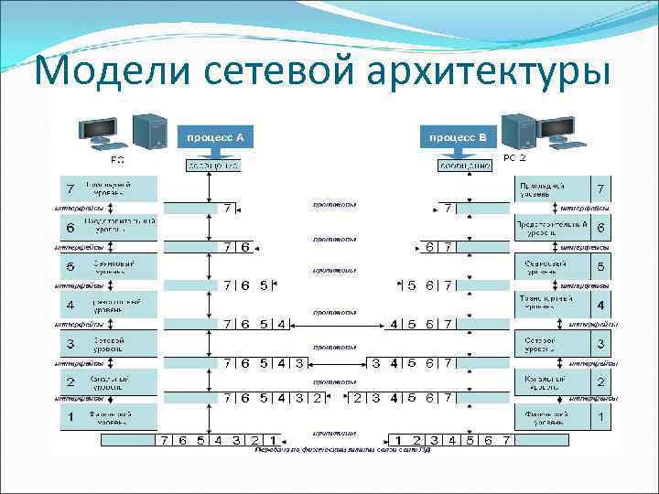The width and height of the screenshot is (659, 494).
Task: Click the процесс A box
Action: [x=214, y=136]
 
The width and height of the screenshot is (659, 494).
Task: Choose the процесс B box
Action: [x=459, y=136]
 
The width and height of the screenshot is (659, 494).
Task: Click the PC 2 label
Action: [x=515, y=158]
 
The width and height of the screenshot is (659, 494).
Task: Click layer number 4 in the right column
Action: [x=600, y=305]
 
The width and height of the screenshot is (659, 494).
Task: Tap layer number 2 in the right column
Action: [x=600, y=381]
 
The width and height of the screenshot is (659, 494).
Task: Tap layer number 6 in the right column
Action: [x=600, y=228]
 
